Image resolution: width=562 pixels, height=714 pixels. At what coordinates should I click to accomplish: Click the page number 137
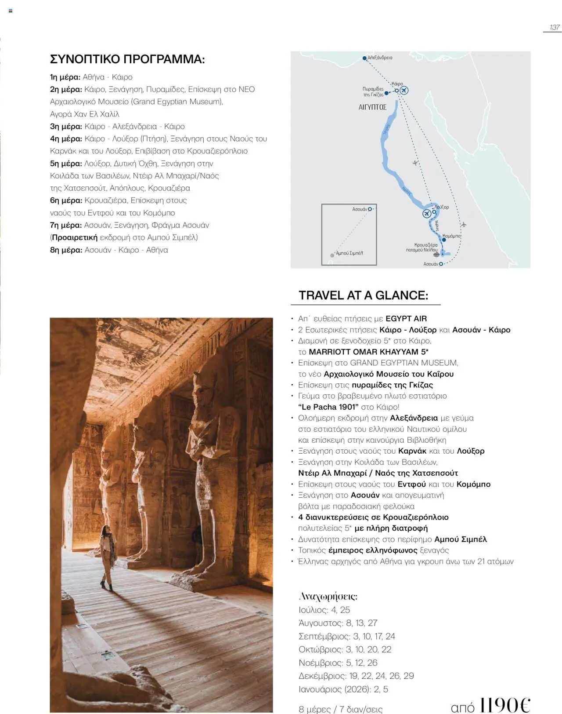(x=555, y=27)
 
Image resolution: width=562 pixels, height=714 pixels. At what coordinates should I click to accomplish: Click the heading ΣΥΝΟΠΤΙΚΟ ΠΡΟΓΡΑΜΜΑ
(x=127, y=59)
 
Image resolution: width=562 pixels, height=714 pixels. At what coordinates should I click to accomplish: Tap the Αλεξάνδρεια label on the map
(x=380, y=58)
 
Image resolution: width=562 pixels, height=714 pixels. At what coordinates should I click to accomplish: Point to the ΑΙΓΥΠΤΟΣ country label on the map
(x=372, y=107)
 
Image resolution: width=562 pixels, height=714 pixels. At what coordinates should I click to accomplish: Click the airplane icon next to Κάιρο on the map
(x=404, y=90)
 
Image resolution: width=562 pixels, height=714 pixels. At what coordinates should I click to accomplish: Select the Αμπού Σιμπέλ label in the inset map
(x=349, y=253)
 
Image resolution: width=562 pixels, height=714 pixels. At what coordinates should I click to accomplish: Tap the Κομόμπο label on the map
(x=451, y=236)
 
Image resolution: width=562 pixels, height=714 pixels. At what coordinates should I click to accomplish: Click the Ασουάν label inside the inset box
(x=360, y=209)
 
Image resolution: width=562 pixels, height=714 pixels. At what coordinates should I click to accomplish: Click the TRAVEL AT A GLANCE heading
(x=363, y=295)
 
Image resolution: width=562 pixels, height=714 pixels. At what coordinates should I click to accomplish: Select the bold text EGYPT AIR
(x=406, y=319)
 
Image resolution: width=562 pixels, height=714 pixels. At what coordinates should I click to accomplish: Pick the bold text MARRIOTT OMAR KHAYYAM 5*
(x=368, y=352)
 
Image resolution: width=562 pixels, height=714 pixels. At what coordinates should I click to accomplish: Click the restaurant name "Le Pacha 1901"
(x=328, y=407)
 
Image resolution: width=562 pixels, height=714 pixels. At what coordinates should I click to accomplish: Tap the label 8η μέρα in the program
(x=66, y=250)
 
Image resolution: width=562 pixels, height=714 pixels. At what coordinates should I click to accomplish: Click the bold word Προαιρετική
(x=75, y=238)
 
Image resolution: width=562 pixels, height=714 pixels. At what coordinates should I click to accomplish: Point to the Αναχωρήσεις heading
(x=328, y=597)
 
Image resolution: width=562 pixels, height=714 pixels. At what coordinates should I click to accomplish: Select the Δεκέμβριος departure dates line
(x=356, y=676)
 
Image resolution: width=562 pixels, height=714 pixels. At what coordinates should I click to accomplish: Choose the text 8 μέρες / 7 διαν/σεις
(x=340, y=709)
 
